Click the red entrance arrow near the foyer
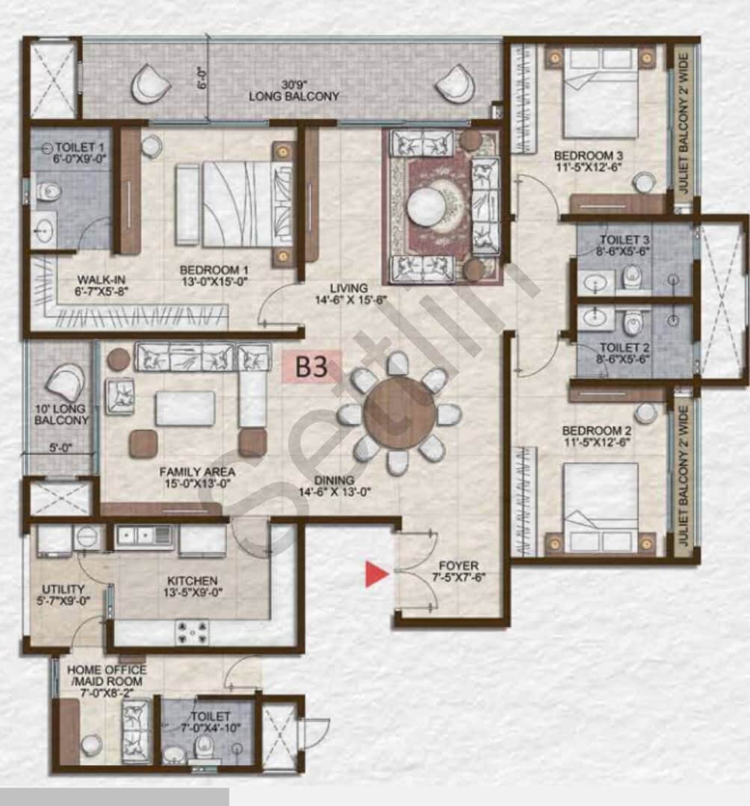(x=376, y=574)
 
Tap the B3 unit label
(x=312, y=366)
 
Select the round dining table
(x=399, y=413)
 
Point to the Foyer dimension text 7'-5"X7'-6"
(x=458, y=578)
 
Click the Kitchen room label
(x=192, y=581)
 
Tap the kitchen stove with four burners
(x=192, y=632)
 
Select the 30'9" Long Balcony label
(x=294, y=90)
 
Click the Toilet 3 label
(x=625, y=240)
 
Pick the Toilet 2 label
(x=625, y=348)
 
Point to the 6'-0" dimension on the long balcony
(x=199, y=75)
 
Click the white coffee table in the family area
(x=185, y=408)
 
